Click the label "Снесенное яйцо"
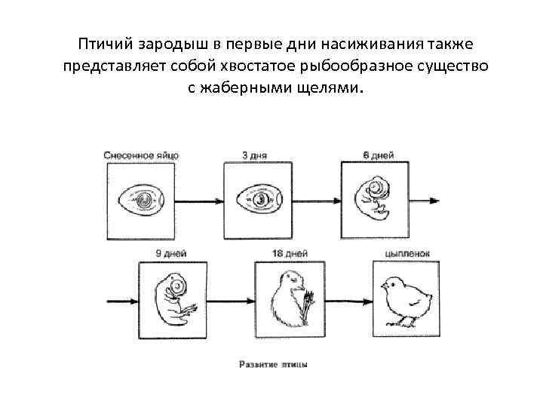pyautogui.click(x=142, y=155)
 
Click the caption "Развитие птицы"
pyautogui.click(x=273, y=364)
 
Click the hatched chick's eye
pyautogui.click(x=391, y=283)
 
